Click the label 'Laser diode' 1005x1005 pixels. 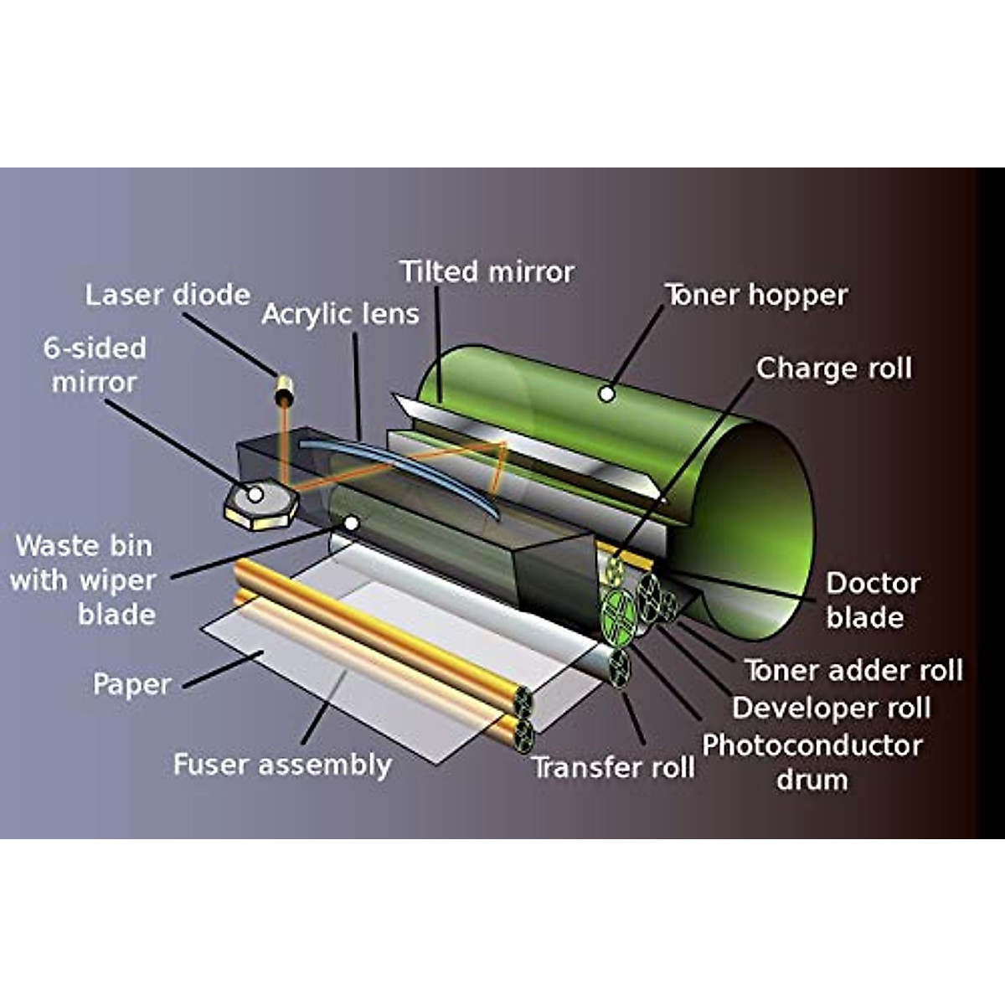167,295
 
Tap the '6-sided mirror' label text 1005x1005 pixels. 95,365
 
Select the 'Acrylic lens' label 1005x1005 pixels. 340,315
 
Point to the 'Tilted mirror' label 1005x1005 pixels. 487,272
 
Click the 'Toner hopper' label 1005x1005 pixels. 756,295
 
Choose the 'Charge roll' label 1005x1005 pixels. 833,368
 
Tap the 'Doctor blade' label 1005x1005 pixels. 873,600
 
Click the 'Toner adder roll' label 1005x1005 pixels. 853,670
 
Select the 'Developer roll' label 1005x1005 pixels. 831,708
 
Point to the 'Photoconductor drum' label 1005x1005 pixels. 812,762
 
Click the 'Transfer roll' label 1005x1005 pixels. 613,767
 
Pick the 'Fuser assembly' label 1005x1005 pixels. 282,765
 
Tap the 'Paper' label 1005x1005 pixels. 131,684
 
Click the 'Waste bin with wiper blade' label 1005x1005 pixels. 84,580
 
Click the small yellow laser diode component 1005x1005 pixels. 285,389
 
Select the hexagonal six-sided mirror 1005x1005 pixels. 260,504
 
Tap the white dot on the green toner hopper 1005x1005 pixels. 606,394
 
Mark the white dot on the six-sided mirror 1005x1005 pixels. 256,494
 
